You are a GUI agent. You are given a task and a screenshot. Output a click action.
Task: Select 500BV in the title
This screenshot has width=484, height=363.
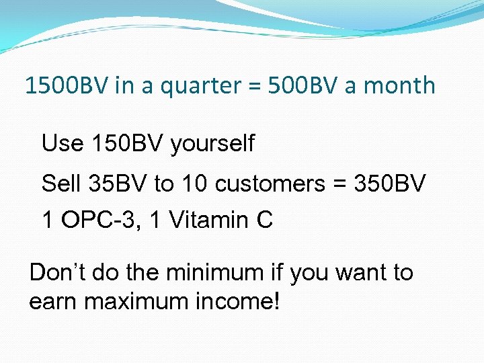pos(296,86)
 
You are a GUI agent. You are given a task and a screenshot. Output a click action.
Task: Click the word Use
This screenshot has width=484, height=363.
pos(63,143)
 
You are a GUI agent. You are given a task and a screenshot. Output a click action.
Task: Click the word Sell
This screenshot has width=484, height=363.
pos(60,183)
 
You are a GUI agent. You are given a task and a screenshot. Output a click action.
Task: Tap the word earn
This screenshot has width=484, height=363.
pos(53,302)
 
